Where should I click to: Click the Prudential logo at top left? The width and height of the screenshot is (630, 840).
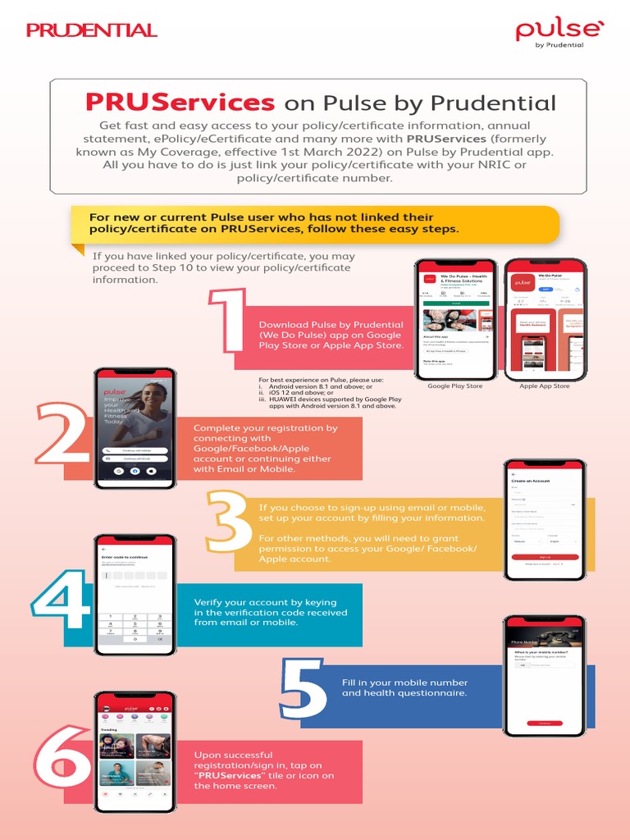[91, 30]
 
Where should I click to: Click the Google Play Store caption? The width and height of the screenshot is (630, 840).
[455, 386]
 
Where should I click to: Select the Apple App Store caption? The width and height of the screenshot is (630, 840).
[545, 386]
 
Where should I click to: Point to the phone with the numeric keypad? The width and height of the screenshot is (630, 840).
[135, 594]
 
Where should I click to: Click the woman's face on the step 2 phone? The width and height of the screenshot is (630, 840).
[151, 399]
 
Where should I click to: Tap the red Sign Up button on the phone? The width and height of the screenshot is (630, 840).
[544, 556]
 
